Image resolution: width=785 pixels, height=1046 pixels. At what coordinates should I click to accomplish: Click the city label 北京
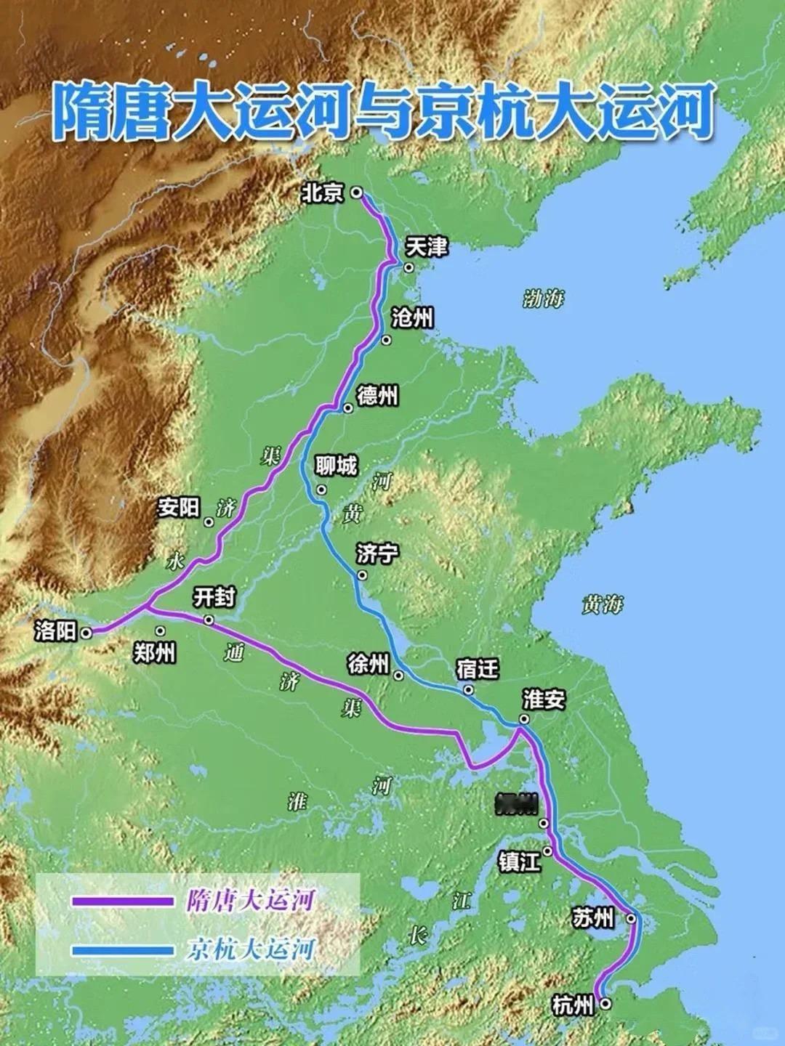pos(323,193)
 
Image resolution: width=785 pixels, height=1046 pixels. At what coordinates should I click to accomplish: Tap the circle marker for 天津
pos(409,267)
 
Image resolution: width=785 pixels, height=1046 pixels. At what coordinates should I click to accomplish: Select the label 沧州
pos(412,317)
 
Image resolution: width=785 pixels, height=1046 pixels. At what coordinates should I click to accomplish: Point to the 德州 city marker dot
pos(348,408)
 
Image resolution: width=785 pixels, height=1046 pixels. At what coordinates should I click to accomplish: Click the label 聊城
pos(336,465)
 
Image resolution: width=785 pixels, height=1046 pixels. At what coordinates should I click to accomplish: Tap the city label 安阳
pos(179,507)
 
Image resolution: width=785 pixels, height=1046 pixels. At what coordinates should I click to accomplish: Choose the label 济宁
pos(377,554)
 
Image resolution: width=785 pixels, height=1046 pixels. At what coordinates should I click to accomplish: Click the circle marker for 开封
pos(209,620)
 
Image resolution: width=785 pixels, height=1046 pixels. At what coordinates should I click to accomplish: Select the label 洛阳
pos(55,631)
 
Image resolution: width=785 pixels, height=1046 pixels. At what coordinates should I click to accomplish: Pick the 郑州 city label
pos(154,653)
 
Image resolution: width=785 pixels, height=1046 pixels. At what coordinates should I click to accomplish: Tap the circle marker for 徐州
pos(398,676)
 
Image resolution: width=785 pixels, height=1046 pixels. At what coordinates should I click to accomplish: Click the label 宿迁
pos(478,668)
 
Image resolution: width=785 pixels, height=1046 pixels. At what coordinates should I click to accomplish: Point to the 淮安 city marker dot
pos(523,719)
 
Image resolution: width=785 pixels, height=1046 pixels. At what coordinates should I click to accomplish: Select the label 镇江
pos(519,861)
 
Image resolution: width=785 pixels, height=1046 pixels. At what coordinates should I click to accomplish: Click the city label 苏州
pos(593,918)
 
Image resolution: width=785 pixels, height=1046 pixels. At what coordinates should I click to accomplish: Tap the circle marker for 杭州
pos(605,1004)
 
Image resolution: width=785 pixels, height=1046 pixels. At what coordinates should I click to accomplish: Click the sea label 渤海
pos(544,299)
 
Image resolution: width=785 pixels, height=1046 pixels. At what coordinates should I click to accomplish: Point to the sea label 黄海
pos(603,604)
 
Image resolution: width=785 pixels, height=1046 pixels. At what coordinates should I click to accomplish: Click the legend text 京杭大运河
pos(250,949)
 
